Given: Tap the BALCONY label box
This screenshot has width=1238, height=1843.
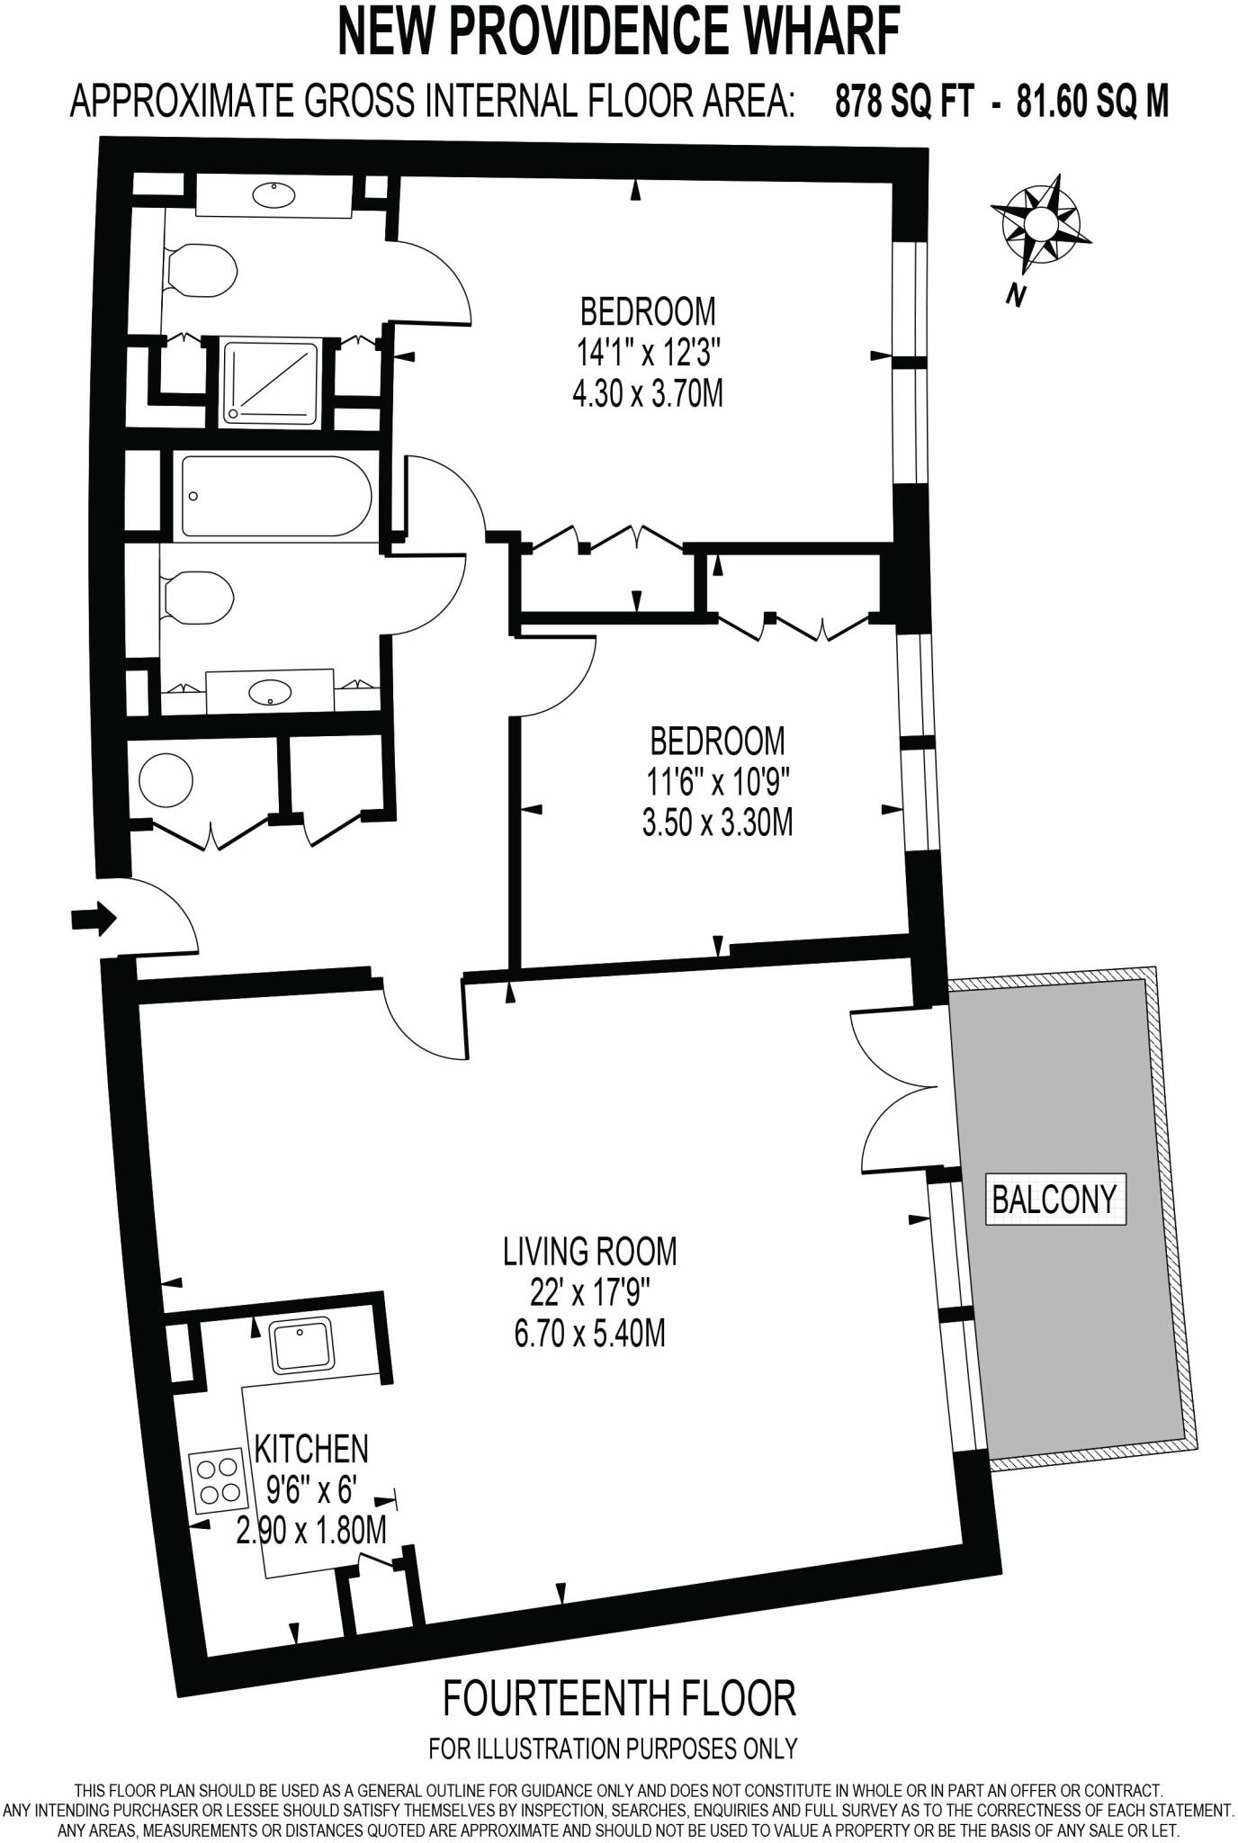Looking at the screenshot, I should (x=1054, y=1198).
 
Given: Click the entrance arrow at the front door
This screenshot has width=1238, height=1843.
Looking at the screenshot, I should (x=93, y=919).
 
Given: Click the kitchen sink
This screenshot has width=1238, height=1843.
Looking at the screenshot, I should (x=301, y=1345).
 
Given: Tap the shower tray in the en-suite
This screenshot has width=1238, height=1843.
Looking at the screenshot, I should (x=271, y=381).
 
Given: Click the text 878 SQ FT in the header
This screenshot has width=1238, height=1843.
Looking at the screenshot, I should (x=903, y=103).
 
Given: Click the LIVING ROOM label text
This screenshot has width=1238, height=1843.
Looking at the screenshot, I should (x=589, y=1252).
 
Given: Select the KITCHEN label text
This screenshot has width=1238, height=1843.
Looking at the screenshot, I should (x=312, y=1450).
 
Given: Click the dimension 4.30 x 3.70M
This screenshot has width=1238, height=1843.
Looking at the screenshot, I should (x=648, y=394).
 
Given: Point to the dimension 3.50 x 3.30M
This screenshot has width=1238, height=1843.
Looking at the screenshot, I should (x=717, y=823).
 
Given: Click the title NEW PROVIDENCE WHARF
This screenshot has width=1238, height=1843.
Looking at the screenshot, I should (x=619, y=33).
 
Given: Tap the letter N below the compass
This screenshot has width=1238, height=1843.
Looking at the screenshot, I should (x=1017, y=295).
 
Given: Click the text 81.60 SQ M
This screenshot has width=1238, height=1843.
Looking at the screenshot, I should (x=1092, y=103).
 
